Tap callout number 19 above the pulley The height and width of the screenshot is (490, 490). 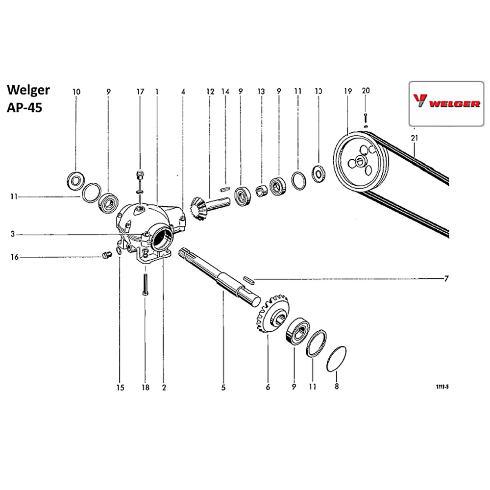coord(348,91)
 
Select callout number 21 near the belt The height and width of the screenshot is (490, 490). coord(415,139)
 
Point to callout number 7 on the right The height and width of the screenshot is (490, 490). coord(446,279)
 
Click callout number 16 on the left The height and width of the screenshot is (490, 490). coord(15,257)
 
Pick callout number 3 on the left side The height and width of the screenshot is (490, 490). coord(15,235)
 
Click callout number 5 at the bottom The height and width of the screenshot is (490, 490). coord(223,388)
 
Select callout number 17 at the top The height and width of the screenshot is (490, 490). coord(141,91)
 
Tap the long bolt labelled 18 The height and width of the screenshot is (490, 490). coord(145,284)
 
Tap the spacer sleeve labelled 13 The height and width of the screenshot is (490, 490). coord(261,190)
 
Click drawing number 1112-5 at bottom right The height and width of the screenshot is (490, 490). coord(442,387)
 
